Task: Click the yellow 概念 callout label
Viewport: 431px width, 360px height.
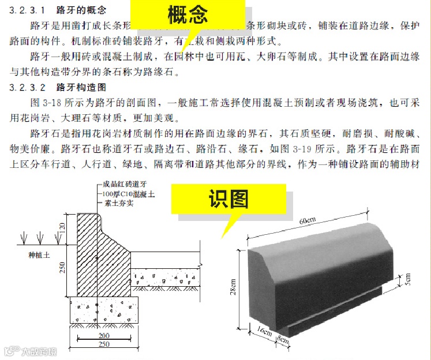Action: tap(188, 14)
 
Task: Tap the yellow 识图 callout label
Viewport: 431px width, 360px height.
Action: tap(228, 199)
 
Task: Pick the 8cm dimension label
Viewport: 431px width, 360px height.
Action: tap(283, 338)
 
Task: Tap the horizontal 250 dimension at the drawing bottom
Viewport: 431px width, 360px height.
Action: tap(103, 345)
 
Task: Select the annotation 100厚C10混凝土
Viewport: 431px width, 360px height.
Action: tap(128, 194)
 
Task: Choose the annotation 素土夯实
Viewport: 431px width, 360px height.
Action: tap(117, 204)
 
